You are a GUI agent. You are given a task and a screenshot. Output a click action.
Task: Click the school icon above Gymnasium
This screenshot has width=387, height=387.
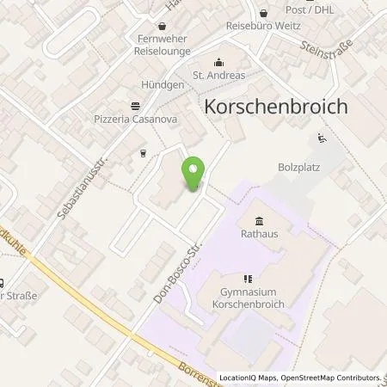(248, 279)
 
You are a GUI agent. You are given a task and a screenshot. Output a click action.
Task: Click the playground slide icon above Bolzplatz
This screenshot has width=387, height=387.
(321, 137)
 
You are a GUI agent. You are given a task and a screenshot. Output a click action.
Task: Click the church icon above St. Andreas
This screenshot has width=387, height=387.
(218, 61)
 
